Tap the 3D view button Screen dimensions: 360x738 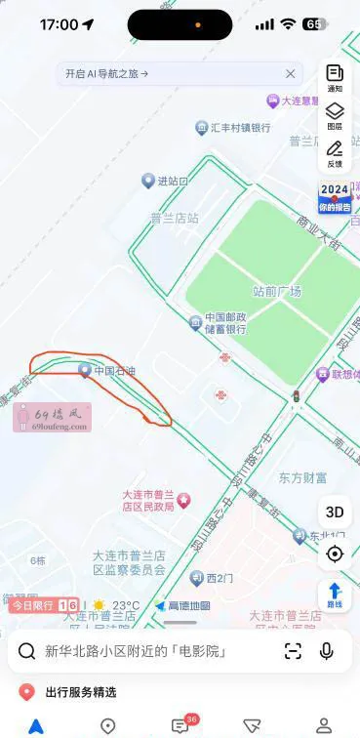335,512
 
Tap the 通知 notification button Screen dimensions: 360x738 335,77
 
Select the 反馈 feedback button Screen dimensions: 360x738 335,153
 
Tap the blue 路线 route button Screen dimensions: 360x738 335,594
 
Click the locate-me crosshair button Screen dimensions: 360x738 335,553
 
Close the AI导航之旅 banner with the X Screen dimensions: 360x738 290,73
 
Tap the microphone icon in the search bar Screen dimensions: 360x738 326,651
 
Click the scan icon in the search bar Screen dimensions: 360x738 293,651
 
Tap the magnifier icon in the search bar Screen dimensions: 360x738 27,651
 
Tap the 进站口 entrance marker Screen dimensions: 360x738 164,181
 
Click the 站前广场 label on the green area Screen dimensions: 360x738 277,291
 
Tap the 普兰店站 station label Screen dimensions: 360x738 174,219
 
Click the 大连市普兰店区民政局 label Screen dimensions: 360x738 147,500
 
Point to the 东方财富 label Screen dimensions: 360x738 302,478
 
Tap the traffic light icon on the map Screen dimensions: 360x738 295,396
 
